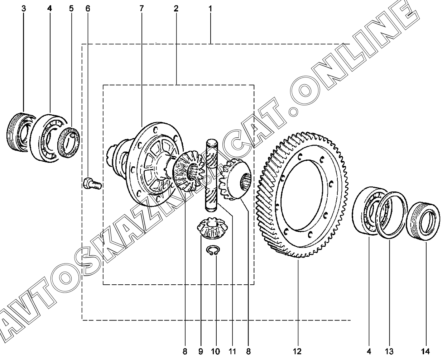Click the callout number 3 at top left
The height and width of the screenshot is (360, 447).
(24, 9)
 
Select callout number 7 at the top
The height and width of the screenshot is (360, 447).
(141, 9)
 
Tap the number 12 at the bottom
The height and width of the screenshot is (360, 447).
(297, 351)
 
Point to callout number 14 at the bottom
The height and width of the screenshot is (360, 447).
(425, 351)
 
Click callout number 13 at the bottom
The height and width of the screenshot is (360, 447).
(389, 351)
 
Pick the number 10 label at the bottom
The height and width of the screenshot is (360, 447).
(215, 351)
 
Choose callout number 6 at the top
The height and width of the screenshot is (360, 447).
(88, 9)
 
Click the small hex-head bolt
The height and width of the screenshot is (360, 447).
(92, 183)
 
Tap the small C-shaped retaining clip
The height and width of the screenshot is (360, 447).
(213, 250)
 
